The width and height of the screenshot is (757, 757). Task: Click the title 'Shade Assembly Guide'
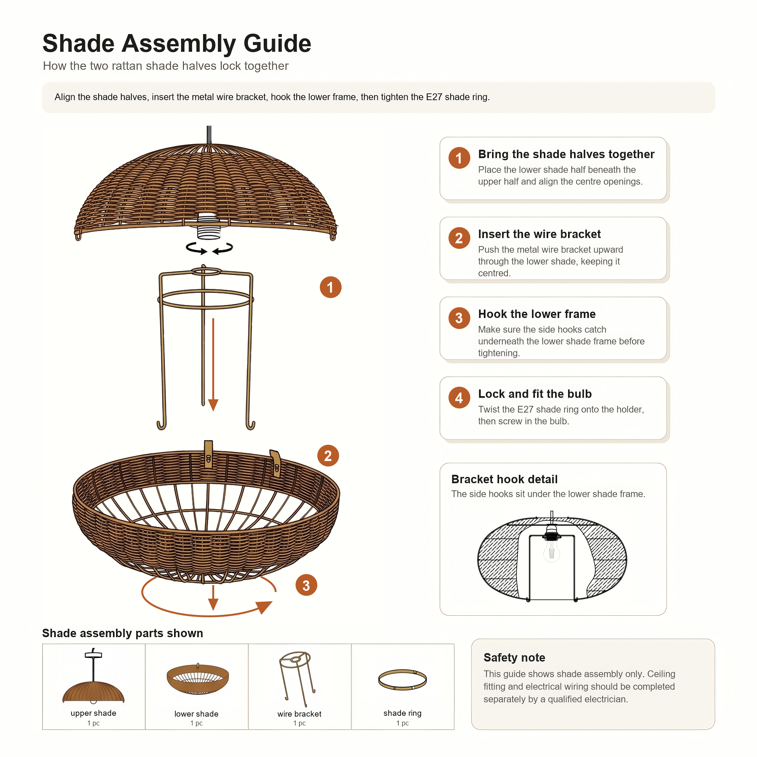click(177, 43)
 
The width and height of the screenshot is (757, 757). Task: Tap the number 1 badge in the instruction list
click(459, 158)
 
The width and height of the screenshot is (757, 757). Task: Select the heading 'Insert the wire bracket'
click(539, 234)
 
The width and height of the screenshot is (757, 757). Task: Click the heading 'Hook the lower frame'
click(537, 314)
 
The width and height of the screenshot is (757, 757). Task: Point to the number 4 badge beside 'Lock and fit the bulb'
click(459, 398)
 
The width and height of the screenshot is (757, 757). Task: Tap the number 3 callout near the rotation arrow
click(306, 585)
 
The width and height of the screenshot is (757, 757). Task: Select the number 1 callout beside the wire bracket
click(330, 287)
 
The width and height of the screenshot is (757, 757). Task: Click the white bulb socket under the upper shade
click(208, 226)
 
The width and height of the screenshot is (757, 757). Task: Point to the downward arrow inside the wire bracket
click(213, 364)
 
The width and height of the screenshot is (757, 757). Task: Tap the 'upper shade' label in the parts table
click(93, 713)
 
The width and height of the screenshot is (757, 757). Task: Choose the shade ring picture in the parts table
click(402, 679)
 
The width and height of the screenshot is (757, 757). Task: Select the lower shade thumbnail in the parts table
click(197, 679)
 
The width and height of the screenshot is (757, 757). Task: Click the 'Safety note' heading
click(514, 657)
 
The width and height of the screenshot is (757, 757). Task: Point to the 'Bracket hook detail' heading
click(504, 479)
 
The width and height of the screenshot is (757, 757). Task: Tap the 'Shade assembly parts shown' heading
click(123, 633)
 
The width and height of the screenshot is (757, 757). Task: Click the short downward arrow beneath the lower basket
click(213, 597)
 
